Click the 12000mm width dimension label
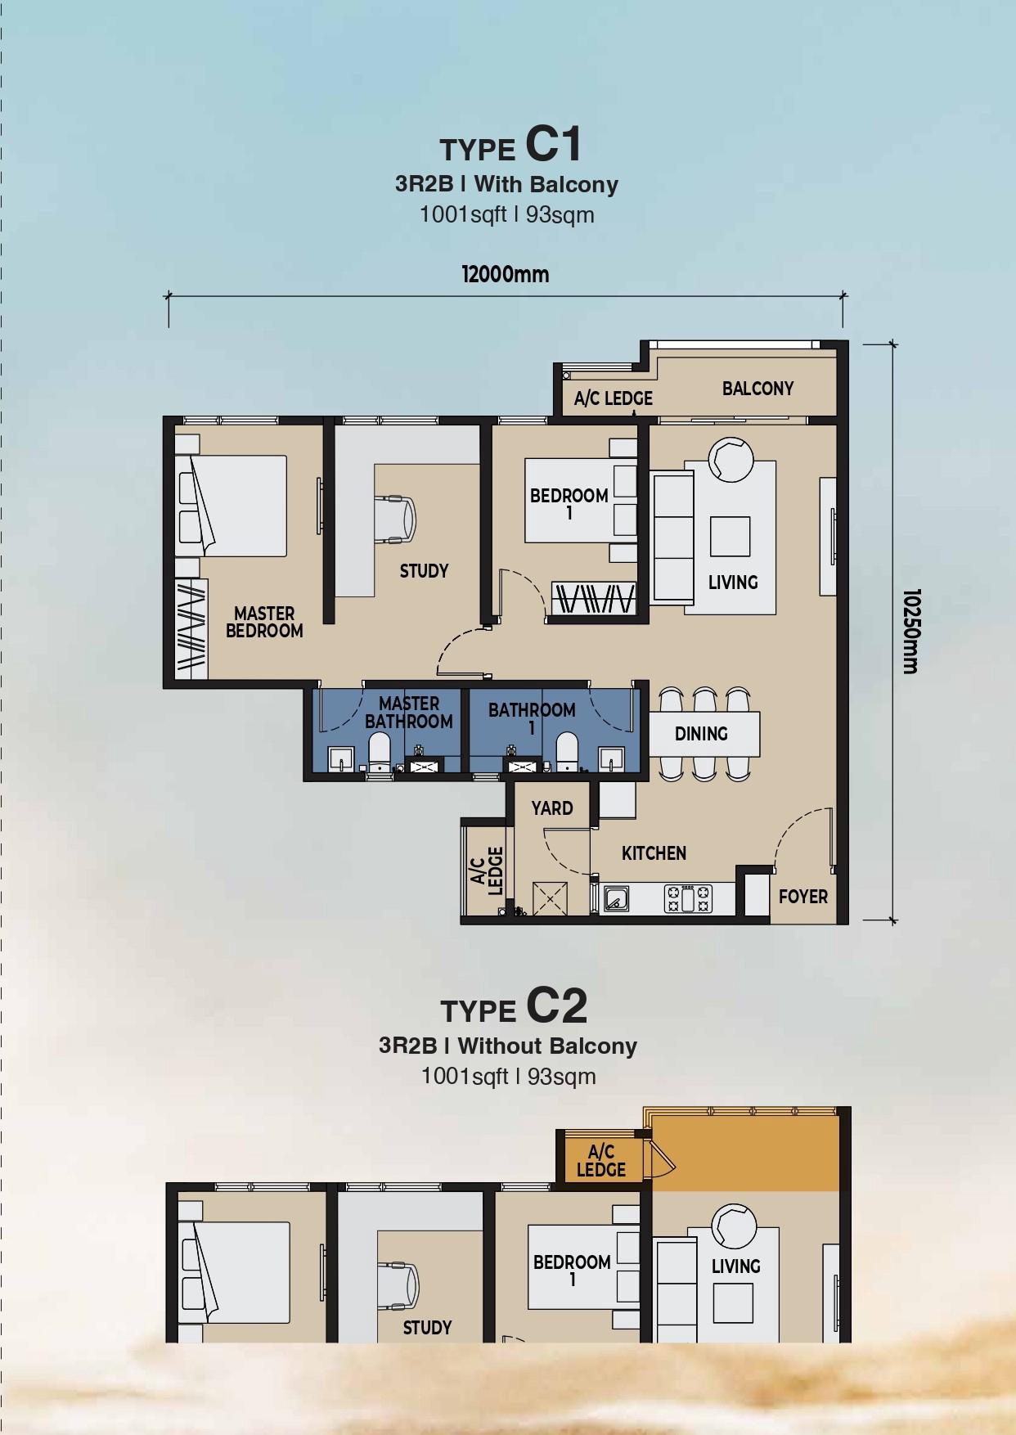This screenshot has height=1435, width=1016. (x=506, y=274)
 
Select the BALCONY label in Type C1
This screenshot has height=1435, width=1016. (x=758, y=389)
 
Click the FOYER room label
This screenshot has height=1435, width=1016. (x=803, y=897)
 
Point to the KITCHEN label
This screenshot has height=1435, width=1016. (x=654, y=853)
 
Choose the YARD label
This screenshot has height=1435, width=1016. (x=552, y=808)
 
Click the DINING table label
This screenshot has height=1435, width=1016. (x=701, y=734)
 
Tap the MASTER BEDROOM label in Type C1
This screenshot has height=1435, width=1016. (x=264, y=622)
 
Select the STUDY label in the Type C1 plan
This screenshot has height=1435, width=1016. (x=424, y=571)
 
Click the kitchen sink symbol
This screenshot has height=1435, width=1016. (x=616, y=899)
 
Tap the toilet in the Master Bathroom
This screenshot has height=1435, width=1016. (x=380, y=752)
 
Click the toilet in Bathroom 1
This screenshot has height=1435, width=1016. (x=567, y=752)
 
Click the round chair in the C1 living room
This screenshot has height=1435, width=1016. (x=731, y=459)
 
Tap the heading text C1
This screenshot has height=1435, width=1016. (x=553, y=144)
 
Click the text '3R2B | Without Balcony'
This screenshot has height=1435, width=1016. (x=507, y=1046)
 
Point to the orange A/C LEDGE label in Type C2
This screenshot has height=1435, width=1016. (x=601, y=1161)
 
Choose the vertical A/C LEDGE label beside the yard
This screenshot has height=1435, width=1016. (x=487, y=871)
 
